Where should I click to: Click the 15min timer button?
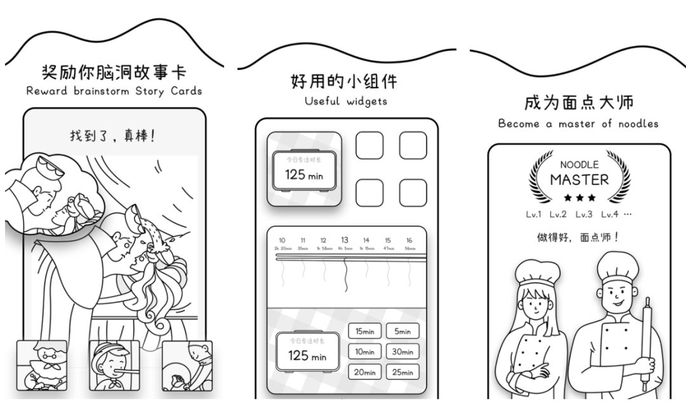click(x=364, y=331)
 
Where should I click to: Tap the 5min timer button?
click(x=402, y=331)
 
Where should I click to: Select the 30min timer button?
click(x=402, y=352)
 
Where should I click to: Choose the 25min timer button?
click(x=402, y=373)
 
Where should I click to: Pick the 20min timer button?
click(x=364, y=373)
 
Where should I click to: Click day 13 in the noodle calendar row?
click(x=344, y=241)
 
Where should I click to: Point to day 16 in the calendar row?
click(x=409, y=241)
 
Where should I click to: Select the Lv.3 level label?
click(x=584, y=215)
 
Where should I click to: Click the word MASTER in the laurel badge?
click(x=579, y=180)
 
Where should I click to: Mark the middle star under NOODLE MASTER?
click(x=579, y=198)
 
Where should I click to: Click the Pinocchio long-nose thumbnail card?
click(x=114, y=366)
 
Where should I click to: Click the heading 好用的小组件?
click(x=344, y=82)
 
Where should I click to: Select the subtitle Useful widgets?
click(x=346, y=101)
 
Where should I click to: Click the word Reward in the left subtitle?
click(x=47, y=91)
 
